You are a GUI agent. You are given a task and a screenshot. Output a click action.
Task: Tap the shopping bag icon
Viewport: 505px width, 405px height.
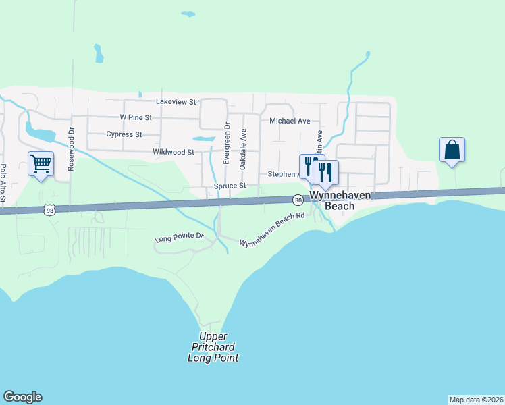(x=451, y=150)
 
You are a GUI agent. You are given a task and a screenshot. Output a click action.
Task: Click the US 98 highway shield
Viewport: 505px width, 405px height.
(x=49, y=210)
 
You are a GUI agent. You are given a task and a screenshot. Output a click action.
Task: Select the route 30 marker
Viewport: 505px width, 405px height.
(x=298, y=200)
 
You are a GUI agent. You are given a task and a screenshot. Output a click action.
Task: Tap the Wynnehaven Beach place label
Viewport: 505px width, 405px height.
(x=331, y=200)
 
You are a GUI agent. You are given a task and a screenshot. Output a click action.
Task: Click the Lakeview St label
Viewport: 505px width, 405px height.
(x=176, y=101)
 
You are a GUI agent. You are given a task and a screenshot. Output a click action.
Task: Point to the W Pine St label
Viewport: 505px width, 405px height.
(x=136, y=117)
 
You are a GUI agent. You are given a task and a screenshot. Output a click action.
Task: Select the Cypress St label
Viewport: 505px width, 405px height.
(x=124, y=134)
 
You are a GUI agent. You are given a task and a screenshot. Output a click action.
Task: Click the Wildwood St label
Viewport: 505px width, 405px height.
(x=174, y=153)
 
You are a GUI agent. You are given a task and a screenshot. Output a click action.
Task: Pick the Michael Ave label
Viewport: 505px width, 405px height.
(x=290, y=122)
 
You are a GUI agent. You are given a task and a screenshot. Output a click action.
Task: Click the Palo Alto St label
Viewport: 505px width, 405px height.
(x=3, y=183)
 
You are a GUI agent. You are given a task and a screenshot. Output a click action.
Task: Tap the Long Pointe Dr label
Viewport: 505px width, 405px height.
(x=179, y=238)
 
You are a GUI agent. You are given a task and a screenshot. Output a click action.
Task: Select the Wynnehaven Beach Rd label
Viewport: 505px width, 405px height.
(x=273, y=230)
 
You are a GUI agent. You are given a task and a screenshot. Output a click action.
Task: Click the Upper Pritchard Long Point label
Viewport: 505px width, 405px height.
(x=213, y=347)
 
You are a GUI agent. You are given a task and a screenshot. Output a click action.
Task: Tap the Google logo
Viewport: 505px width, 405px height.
(x=22, y=397)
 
